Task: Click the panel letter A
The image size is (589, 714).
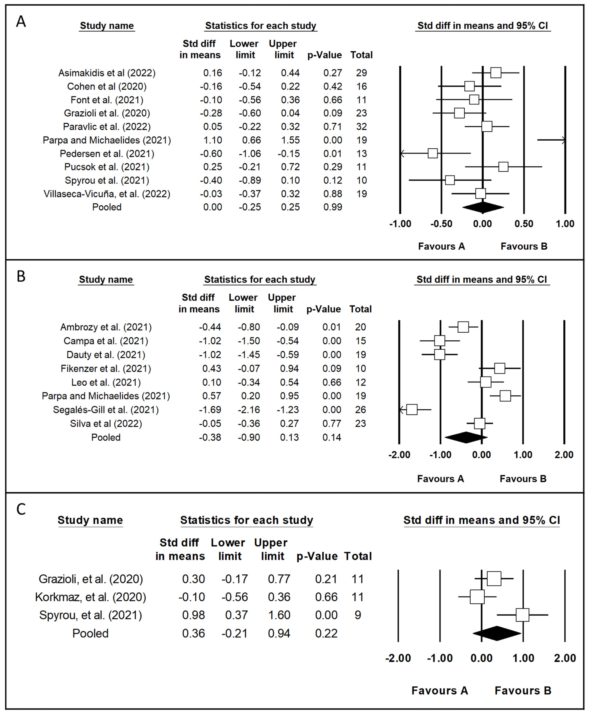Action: click(x=21, y=22)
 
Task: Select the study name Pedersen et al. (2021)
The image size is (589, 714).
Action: click(x=107, y=154)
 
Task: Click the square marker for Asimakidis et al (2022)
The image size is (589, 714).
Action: click(x=496, y=73)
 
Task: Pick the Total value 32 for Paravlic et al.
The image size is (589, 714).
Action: click(x=361, y=126)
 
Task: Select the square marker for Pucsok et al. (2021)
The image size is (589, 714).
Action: click(x=503, y=167)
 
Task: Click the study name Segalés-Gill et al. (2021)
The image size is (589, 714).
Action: click(x=106, y=409)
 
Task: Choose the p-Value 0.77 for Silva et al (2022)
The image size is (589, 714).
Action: click(x=332, y=423)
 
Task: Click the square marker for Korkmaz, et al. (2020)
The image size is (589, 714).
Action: click(x=477, y=597)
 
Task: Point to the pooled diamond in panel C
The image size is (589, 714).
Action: click(x=497, y=633)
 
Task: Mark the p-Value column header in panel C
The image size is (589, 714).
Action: click(x=317, y=556)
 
